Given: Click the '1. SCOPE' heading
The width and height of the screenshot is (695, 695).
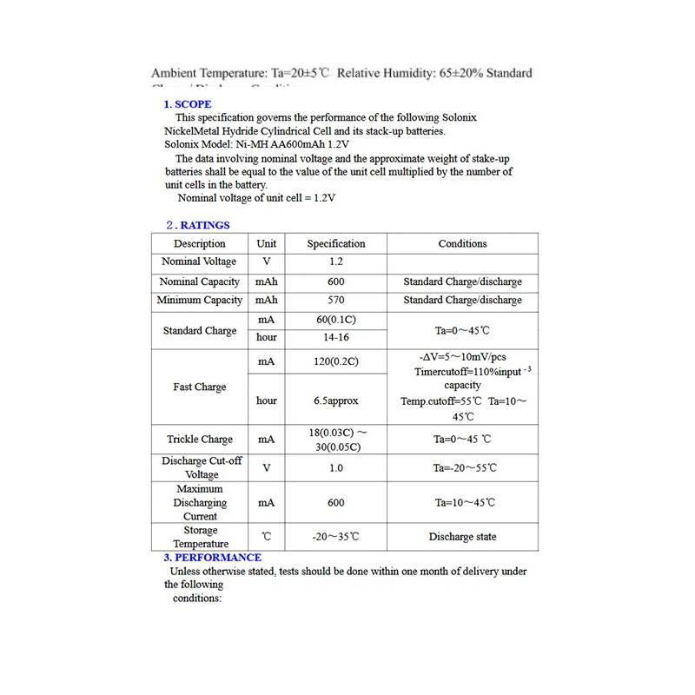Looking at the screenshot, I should [188, 104].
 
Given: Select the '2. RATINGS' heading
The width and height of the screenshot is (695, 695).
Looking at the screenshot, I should [197, 225].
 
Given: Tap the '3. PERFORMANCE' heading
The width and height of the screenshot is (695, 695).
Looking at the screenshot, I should [213, 557].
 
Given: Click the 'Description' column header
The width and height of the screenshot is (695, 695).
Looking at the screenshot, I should [199, 244].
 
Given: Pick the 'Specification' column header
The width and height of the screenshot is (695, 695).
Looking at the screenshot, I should [336, 244].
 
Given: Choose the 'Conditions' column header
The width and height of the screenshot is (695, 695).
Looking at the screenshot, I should [462, 244].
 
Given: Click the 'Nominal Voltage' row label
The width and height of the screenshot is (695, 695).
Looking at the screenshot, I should [199, 261].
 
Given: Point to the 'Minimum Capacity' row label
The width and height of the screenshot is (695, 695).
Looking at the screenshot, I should [200, 301].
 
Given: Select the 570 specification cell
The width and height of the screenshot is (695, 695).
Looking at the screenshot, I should [336, 301].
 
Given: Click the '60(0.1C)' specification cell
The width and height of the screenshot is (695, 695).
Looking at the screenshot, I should [336, 320].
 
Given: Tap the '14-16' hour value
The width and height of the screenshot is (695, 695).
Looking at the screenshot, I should [336, 337].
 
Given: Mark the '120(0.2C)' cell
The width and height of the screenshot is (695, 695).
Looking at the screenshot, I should [336, 361].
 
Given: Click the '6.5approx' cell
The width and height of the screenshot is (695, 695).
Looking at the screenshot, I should [336, 401].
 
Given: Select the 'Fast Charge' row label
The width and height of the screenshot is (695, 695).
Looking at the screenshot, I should [199, 387].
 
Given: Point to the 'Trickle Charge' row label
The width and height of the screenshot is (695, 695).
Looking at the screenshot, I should [200, 440].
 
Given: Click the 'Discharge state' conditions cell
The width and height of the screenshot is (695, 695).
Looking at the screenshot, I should [462, 537].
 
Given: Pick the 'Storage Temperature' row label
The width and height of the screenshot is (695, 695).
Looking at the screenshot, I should [200, 537].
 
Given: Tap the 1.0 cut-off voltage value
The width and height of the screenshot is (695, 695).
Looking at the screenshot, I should [336, 468].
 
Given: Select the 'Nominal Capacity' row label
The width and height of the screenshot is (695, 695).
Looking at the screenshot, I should [200, 282].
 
